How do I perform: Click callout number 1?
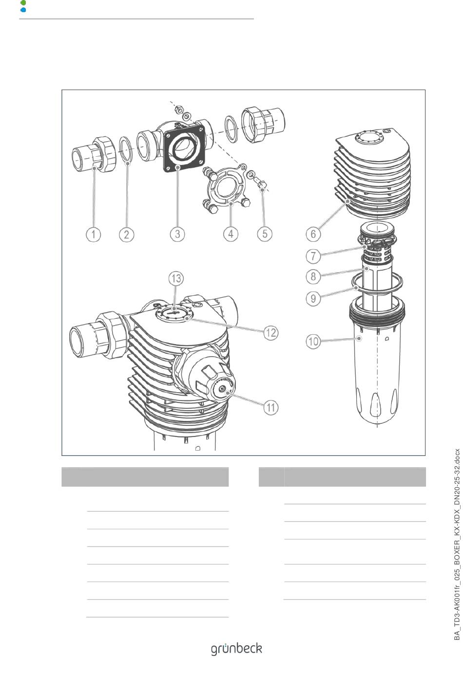pos(94,234)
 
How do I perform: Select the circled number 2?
pos(127,234)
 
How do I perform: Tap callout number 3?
pos(177,234)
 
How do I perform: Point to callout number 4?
pos(231,234)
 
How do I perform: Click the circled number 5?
pos(265,234)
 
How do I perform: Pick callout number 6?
pos(313,234)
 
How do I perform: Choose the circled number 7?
pos(313,256)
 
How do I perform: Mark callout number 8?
pos(313,276)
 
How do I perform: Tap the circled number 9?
pos(313,298)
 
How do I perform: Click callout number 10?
pos(313,342)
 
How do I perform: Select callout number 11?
pos(271,408)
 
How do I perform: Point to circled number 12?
pos(271,332)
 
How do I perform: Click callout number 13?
pos(176,278)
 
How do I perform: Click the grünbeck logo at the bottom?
pos(236,649)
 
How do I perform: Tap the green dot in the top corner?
pos(23,3)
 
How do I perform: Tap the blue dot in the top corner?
pos(23,10)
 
